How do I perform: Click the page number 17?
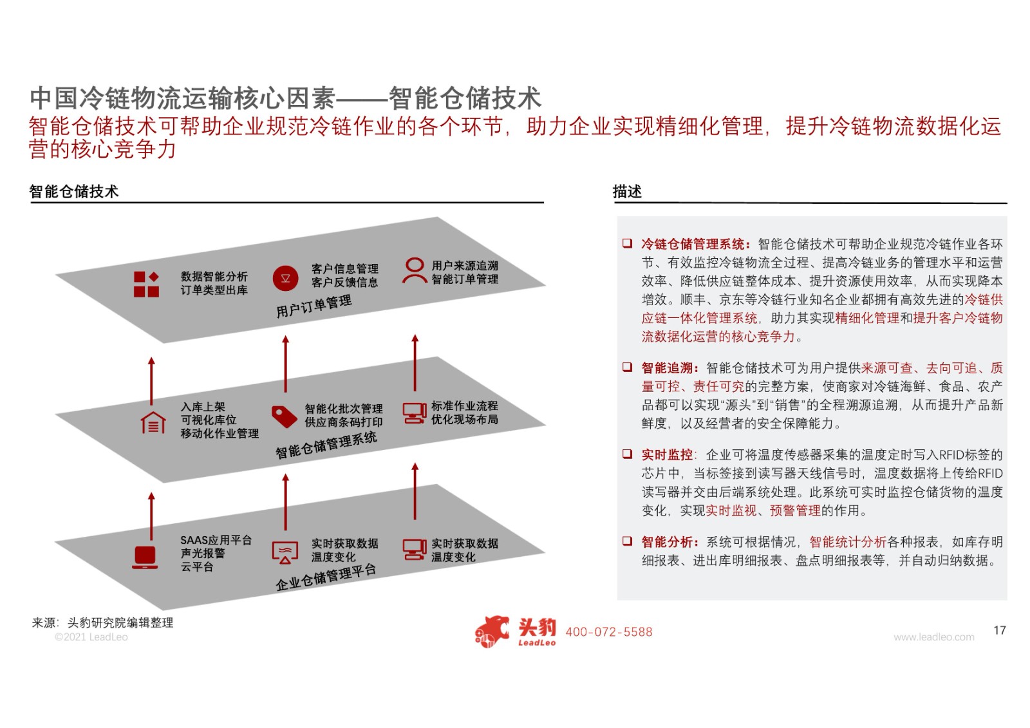pos(999,630)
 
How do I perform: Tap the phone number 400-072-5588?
pos(609,632)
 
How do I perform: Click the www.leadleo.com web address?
pos(934,637)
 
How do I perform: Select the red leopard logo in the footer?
pos(492,631)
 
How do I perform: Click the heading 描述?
pos(627,191)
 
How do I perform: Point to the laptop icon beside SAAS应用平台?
pos(145,557)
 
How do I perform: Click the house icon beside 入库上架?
pos(153,423)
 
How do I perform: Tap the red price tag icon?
pos(284,416)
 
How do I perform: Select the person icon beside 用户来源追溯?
pos(415,270)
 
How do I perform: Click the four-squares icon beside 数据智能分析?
pos(146,285)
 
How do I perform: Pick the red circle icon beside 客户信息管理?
pos(285,278)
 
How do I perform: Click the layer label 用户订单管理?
pos(314,306)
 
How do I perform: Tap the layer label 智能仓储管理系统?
pos(326,445)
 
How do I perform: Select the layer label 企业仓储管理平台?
pos(326,577)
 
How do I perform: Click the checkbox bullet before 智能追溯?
pos(627,367)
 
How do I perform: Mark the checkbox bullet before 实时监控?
pos(627,454)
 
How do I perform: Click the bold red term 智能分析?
pos(667,542)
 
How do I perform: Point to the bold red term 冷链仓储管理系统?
pos(693,244)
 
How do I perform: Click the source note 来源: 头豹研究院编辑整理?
pos(102,622)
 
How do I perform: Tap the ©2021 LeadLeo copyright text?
pos(91,637)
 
